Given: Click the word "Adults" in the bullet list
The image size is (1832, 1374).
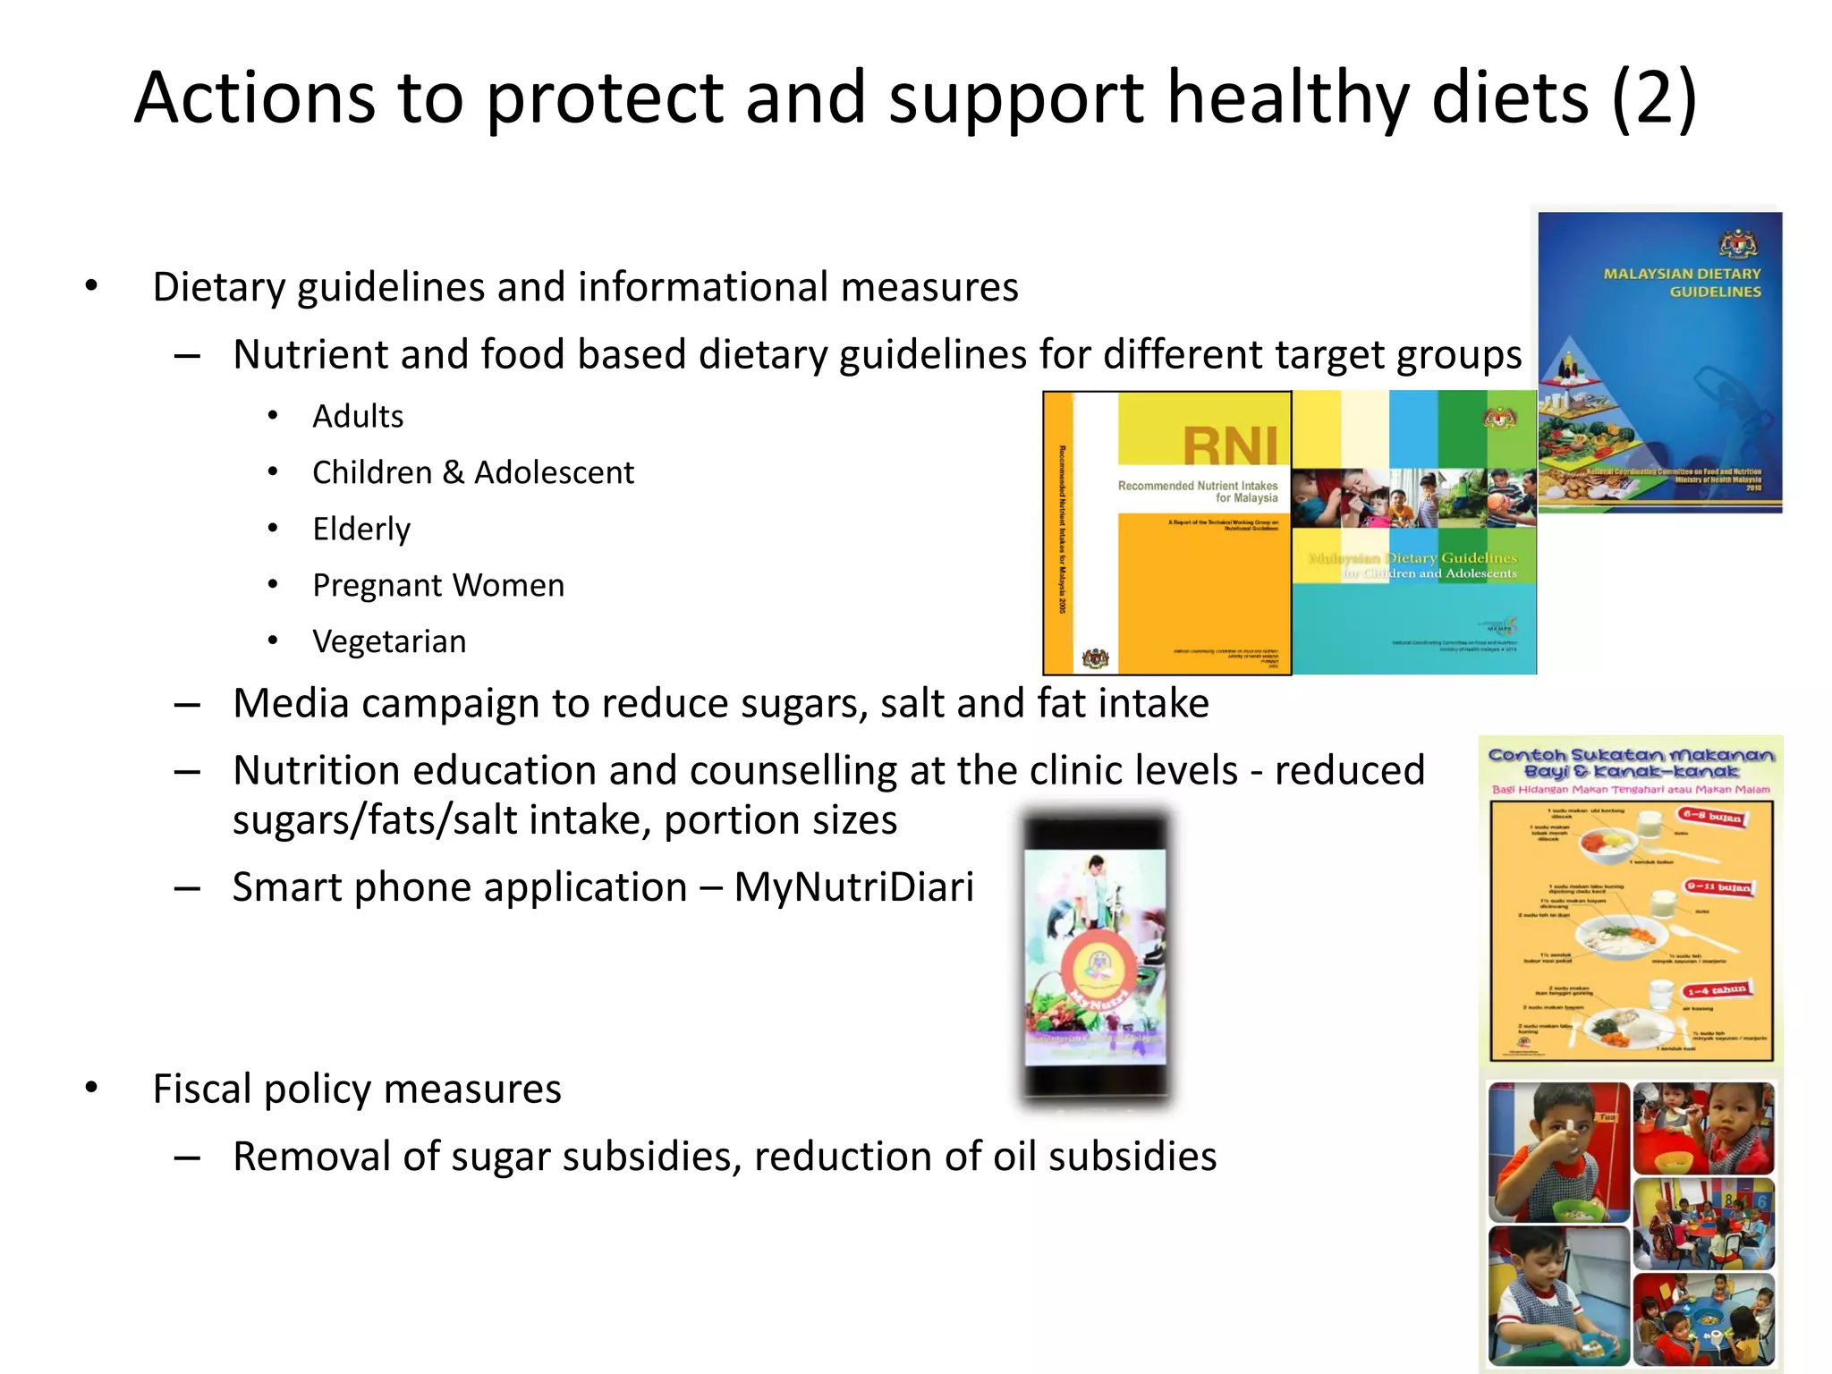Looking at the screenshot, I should [358, 417].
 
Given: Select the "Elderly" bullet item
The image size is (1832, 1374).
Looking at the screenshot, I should [361, 530].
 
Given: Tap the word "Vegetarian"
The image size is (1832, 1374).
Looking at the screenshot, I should [389, 642].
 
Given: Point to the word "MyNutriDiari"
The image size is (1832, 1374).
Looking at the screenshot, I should [853, 887].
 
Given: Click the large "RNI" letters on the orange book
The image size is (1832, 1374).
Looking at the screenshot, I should [1231, 445].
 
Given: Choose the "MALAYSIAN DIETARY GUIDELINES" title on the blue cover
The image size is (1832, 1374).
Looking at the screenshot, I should [1682, 283].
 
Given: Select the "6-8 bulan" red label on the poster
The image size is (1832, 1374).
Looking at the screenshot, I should [1711, 817].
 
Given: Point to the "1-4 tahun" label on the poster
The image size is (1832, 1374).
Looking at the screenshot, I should [1716, 990].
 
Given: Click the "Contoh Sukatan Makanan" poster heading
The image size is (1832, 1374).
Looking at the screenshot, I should [1631, 763].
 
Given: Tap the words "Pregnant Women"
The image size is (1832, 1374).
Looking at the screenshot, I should [438, 586].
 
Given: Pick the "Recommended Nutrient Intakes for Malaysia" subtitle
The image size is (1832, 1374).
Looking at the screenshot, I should [1199, 492].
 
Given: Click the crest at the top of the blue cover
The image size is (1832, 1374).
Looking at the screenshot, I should [1738, 243].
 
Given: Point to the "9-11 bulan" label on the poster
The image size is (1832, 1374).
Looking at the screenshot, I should [1717, 887].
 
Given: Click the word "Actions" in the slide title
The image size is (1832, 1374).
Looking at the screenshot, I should [255, 98].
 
